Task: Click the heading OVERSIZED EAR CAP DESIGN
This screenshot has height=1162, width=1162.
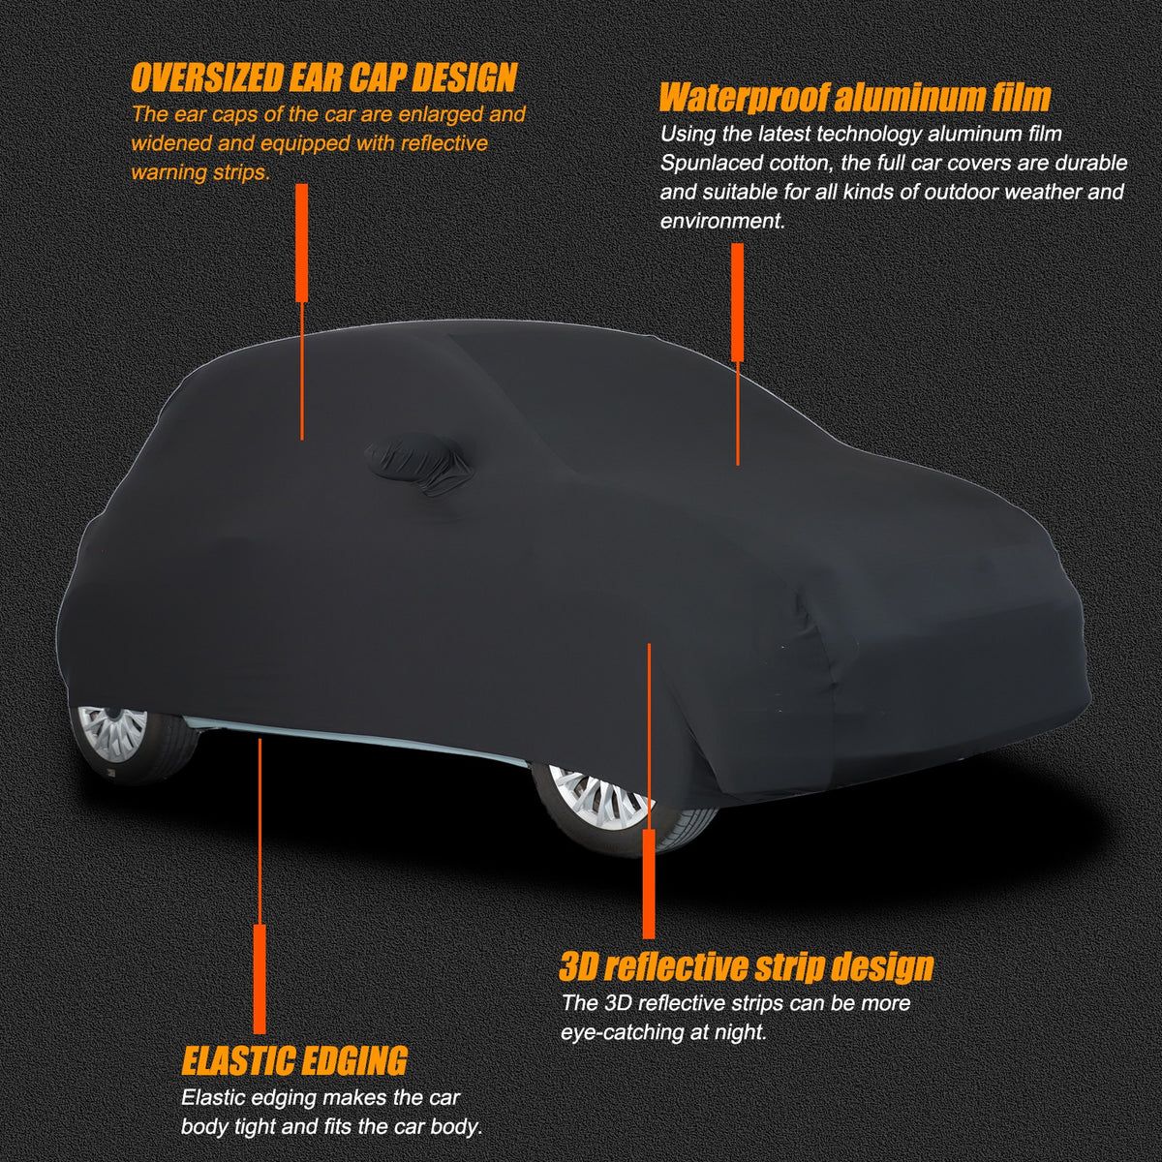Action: coord(323,77)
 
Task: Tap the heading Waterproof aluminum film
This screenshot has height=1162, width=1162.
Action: coord(854,97)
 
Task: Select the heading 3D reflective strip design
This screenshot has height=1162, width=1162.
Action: coord(747,966)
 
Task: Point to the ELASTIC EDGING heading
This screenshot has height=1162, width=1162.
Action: coord(295,1058)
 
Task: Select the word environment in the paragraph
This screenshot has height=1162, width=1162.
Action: coord(721,222)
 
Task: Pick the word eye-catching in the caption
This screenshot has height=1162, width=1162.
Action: coord(621,1032)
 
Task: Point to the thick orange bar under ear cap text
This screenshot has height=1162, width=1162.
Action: coord(302,242)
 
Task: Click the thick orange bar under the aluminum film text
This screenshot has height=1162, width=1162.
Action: coord(737,302)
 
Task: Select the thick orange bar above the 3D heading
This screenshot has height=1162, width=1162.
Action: coord(649,883)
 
